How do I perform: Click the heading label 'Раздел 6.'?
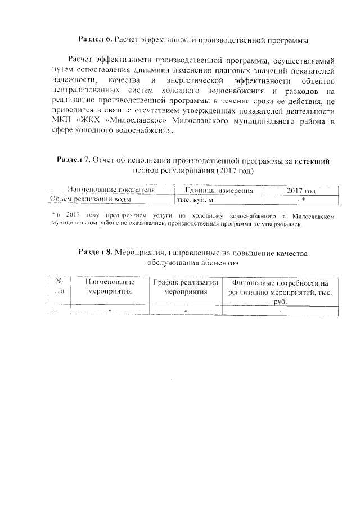[95, 39]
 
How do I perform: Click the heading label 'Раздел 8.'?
[95, 253]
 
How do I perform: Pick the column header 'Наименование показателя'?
[110, 190]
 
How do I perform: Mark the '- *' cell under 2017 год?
[301, 200]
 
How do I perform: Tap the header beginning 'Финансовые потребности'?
[280, 291]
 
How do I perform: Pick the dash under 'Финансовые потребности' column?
[280, 311]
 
